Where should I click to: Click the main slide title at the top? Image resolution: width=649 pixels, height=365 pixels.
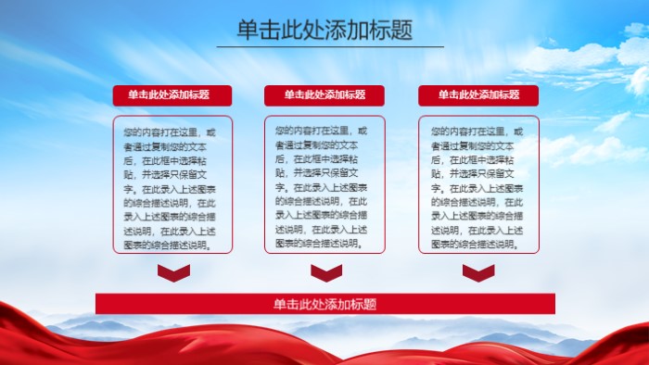pyautogui.click(x=324, y=30)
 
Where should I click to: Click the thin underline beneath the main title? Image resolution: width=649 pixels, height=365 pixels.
pyautogui.click(x=330, y=46)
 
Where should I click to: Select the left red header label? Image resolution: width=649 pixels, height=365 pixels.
pyautogui.click(x=172, y=94)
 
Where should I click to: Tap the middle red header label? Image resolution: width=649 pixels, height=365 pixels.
pyautogui.click(x=324, y=94)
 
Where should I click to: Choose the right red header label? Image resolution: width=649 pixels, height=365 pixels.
pyautogui.click(x=478, y=94)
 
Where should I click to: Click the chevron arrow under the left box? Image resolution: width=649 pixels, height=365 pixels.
pyautogui.click(x=173, y=272)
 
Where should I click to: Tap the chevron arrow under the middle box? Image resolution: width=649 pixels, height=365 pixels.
pyautogui.click(x=326, y=272)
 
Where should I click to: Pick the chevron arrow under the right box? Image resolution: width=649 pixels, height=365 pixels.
pyautogui.click(x=478, y=272)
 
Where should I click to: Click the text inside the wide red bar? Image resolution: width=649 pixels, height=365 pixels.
pyautogui.click(x=324, y=304)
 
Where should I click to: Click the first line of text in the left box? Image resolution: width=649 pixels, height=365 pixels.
pyautogui.click(x=172, y=132)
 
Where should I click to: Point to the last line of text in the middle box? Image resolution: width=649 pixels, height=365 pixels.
pyautogui.click(x=317, y=244)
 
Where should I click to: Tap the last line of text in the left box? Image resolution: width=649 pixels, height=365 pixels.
pyautogui.click(x=165, y=245)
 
